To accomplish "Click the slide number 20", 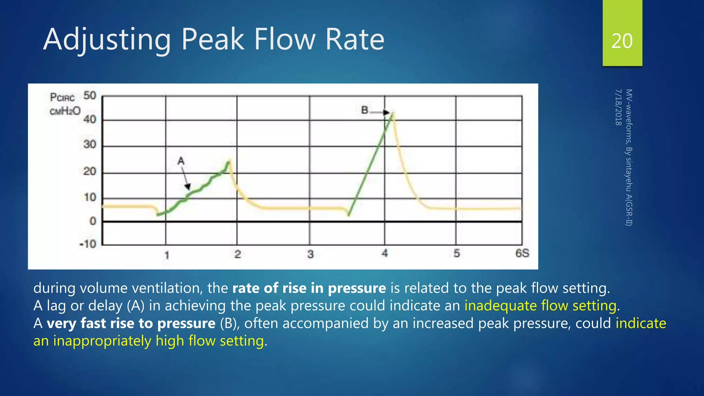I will (x=622, y=41).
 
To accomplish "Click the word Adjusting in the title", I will (x=107, y=40).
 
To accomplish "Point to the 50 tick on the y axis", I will (x=90, y=95).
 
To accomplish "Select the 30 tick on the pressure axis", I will (x=90, y=144).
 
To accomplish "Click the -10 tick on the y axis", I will (x=88, y=244).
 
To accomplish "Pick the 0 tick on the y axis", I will (x=92, y=221).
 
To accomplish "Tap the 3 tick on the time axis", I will (x=310, y=254).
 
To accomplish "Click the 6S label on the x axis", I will (x=522, y=253).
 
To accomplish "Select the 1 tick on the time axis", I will (x=167, y=255).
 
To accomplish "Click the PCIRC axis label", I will (x=62, y=98).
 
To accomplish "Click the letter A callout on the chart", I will (x=181, y=161).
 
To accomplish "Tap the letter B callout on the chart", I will (x=365, y=110).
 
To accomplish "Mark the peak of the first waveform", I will (x=229, y=161).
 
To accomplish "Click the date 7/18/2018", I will (x=618, y=107).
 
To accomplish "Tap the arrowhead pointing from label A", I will (x=187, y=187).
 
